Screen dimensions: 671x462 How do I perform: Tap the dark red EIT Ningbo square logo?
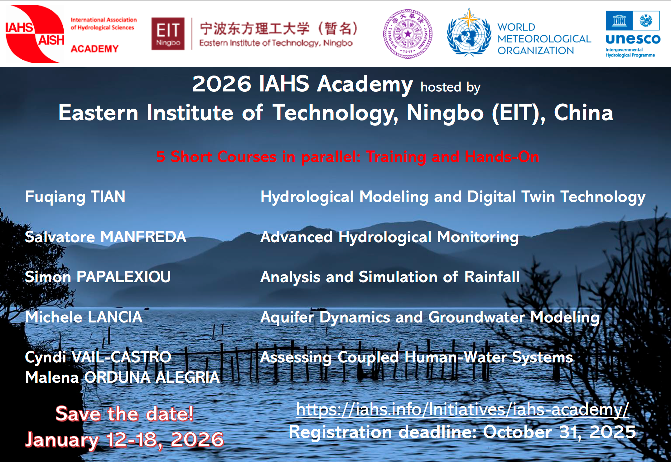coord(168,34)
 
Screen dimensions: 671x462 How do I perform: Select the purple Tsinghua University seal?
coord(408,34)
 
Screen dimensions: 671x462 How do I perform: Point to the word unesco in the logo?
coord(633,39)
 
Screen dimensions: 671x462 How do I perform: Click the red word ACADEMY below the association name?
coord(95,49)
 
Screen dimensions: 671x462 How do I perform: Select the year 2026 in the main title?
coord(222,84)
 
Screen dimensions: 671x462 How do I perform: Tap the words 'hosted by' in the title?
coord(451,87)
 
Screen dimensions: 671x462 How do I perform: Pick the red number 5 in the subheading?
coord(161,157)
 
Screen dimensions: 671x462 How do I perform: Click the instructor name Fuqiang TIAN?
coord(75,197)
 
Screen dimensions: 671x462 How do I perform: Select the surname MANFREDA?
coord(143,237)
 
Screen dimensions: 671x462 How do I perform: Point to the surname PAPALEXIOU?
coord(124,277)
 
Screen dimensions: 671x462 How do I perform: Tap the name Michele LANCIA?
coord(84,317)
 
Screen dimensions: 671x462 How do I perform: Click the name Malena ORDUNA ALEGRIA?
coord(123,377)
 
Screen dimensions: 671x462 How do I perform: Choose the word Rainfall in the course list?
coord(492,277)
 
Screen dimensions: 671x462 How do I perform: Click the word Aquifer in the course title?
coord(287,317)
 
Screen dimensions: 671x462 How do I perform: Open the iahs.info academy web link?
coord(462,409)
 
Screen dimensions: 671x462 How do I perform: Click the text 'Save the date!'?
coord(124,414)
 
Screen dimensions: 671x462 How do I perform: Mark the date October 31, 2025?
coord(559,432)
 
